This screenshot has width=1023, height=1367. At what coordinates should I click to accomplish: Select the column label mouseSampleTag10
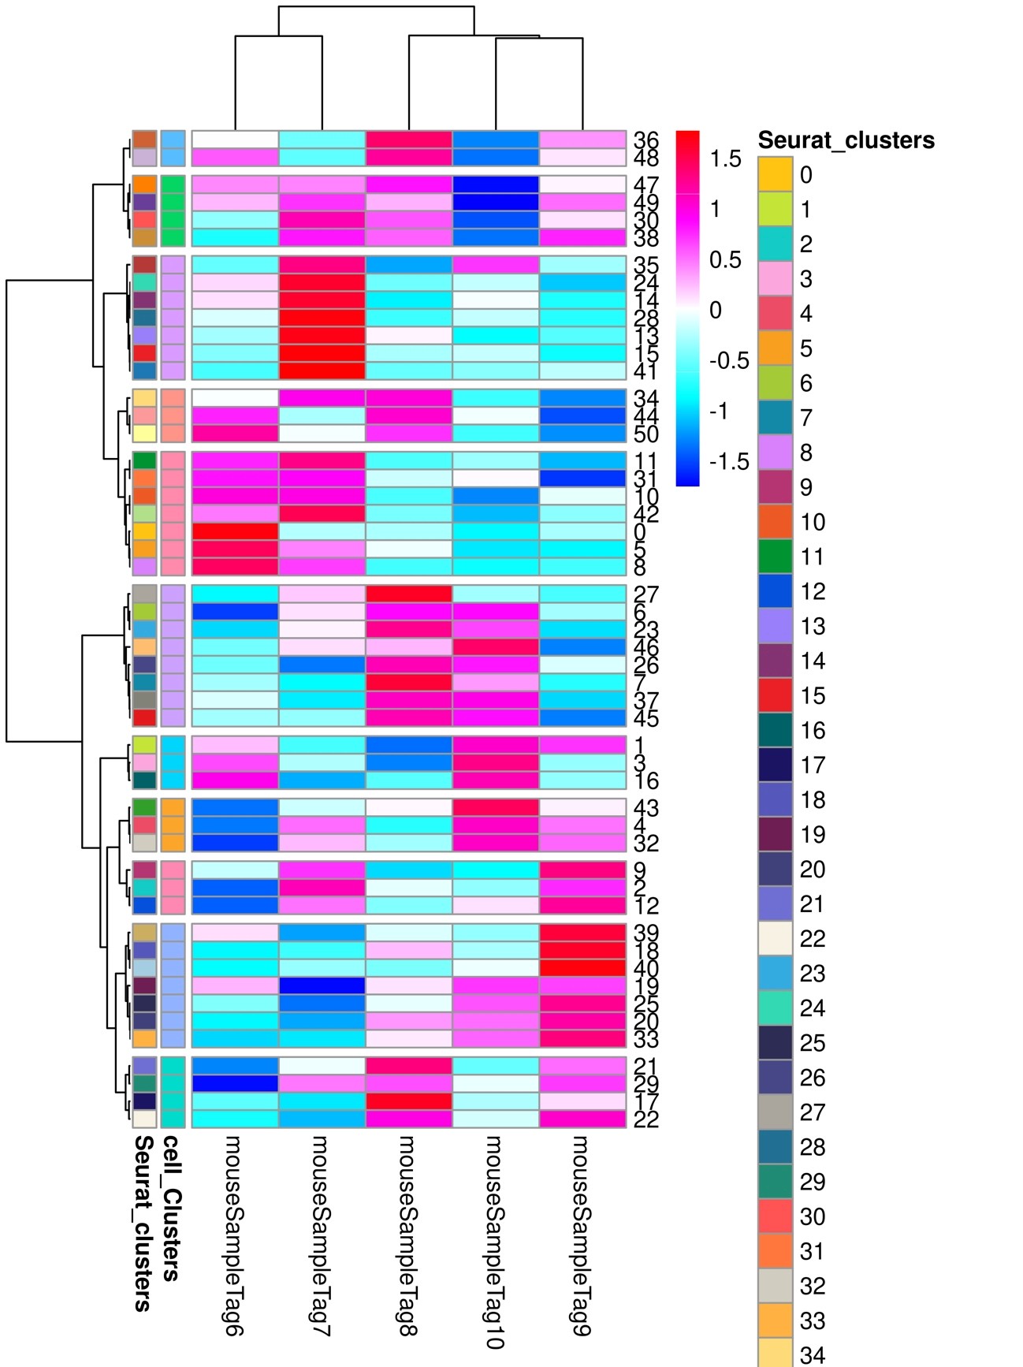[495, 1241]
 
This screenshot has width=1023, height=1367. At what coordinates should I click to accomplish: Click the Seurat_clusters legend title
[846, 140]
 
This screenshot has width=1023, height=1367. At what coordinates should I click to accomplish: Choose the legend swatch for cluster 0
[775, 174]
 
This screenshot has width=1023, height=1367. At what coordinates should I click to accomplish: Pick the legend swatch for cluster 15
[775, 695]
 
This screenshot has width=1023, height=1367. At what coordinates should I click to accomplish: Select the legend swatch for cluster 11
[775, 557]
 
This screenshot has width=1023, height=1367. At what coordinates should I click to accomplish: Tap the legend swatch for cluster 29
[775, 1182]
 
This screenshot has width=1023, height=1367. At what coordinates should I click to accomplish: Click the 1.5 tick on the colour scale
[725, 159]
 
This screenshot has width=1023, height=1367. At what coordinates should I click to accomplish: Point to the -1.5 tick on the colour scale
[729, 462]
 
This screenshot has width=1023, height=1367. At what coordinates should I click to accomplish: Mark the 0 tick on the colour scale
[715, 311]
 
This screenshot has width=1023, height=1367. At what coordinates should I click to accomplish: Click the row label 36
[645, 140]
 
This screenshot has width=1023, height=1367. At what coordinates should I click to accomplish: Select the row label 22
[645, 1119]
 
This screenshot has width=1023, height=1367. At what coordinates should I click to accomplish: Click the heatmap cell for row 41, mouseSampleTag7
[322, 371]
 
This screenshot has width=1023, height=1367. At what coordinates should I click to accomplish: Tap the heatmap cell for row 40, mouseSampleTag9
[582, 968]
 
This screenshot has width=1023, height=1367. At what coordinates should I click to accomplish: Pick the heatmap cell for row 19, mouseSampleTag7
[322, 986]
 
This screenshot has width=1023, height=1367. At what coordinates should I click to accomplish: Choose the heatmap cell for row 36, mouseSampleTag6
[235, 140]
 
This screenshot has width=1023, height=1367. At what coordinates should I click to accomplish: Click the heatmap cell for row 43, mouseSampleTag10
[496, 807]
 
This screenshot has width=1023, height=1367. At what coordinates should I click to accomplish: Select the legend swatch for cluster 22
[775, 938]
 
